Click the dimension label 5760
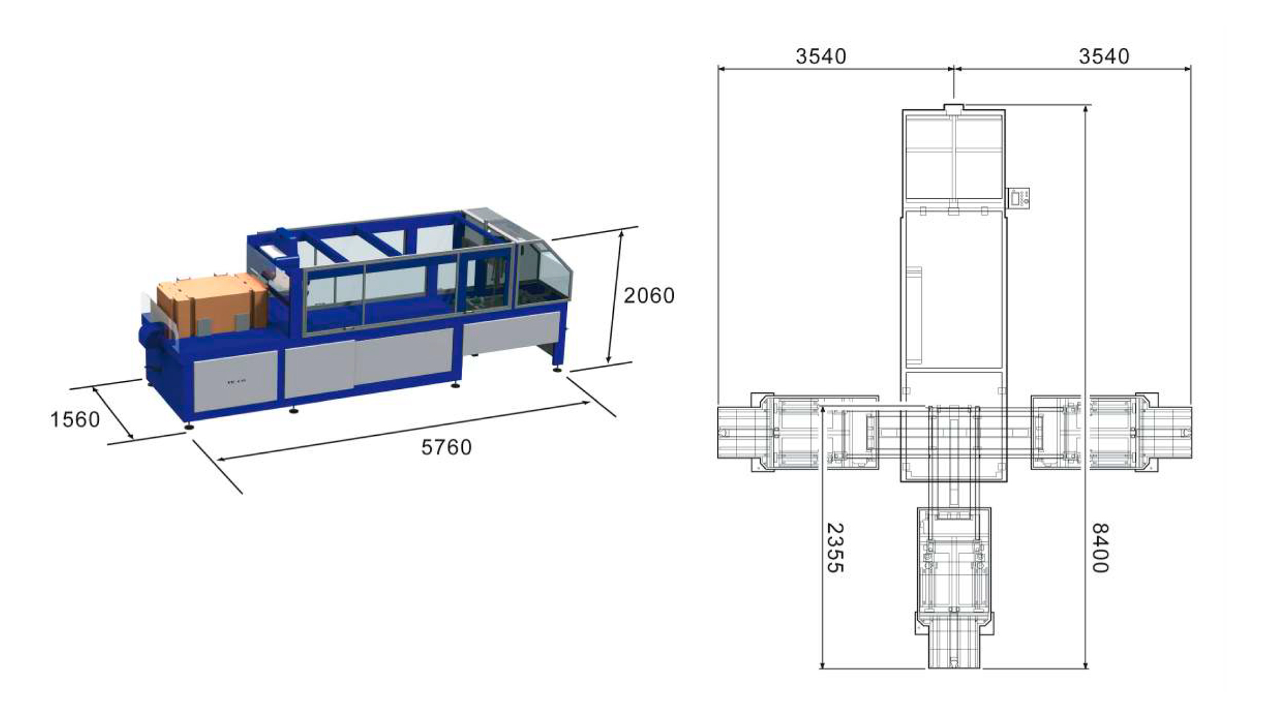click(x=446, y=448)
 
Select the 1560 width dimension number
click(x=75, y=419)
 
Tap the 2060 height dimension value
click(x=649, y=295)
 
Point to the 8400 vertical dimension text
click(x=1100, y=548)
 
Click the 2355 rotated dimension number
click(x=835, y=548)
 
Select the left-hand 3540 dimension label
click(x=821, y=57)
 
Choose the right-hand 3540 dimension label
click(x=1104, y=57)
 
